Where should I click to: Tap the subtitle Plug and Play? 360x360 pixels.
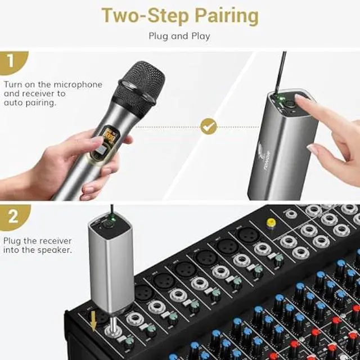[179, 36]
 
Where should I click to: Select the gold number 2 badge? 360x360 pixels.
[11, 216]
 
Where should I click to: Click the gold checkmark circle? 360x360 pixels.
[209, 127]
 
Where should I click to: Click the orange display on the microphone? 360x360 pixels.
[110, 137]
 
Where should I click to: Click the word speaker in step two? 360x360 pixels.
[55, 249]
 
